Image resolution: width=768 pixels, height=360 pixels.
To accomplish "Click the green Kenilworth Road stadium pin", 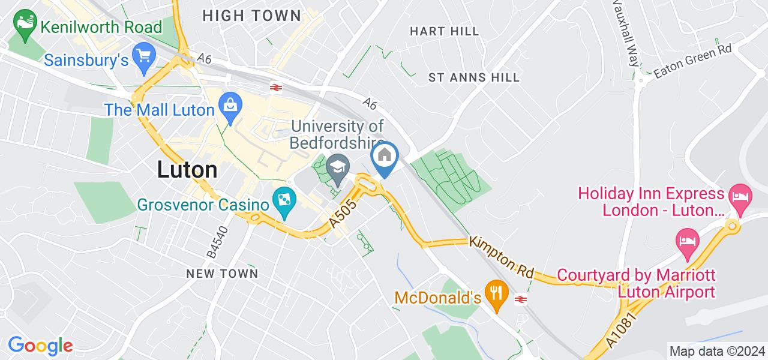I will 25,26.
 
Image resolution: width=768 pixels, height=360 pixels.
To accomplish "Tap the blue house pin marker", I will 385,156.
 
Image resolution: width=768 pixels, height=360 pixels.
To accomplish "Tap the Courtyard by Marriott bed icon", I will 686,241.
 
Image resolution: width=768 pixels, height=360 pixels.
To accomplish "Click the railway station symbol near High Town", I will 276,88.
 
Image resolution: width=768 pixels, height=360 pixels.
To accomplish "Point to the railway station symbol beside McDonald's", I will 521,298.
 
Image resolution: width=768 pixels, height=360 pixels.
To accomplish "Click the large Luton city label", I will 187,170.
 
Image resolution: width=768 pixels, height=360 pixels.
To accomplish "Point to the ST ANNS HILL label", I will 474,77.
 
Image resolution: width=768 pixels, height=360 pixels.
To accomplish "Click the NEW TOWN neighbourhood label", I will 222,274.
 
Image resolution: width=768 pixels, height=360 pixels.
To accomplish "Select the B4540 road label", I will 217,242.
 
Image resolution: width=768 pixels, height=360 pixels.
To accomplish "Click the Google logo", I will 40,346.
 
